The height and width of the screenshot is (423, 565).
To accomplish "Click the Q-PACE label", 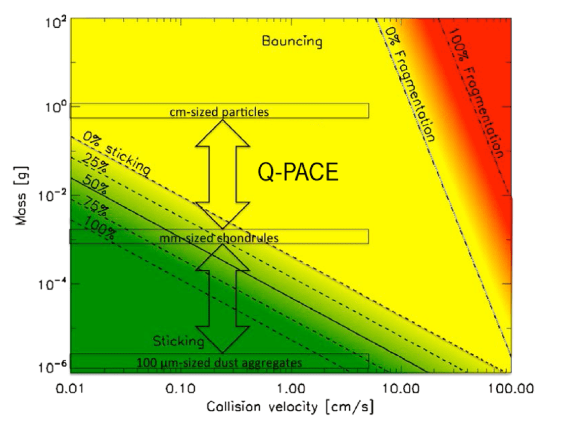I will pos(298,173).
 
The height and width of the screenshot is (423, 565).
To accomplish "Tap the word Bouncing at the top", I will pos(292,41).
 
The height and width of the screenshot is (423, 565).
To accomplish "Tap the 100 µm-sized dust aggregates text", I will pos(219,362).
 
